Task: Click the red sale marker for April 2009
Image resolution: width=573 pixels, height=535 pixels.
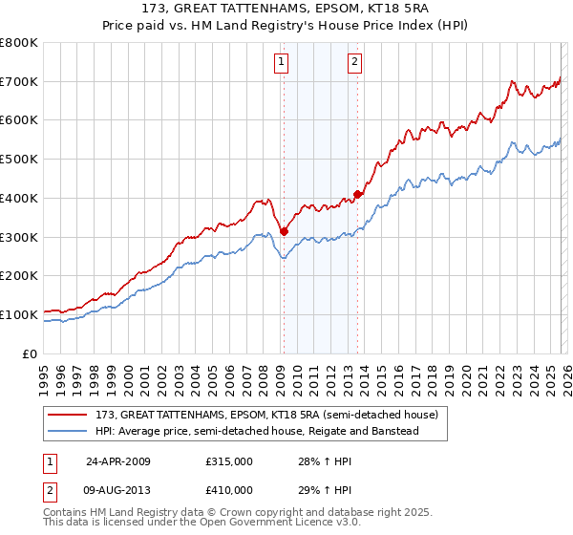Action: [284, 229]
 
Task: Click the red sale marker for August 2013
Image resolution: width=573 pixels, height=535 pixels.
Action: [357, 194]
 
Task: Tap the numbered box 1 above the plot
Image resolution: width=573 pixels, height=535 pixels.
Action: [283, 63]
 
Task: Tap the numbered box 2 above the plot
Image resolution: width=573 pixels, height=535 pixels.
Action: [354, 63]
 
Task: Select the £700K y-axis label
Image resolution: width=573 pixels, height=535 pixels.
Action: [19, 81]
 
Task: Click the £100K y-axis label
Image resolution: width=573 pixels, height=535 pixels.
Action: [19, 314]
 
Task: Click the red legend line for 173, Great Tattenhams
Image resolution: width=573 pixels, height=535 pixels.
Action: [69, 415]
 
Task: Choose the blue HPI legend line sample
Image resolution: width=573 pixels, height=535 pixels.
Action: [69, 432]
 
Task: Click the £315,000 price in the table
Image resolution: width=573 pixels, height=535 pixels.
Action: [229, 460]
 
